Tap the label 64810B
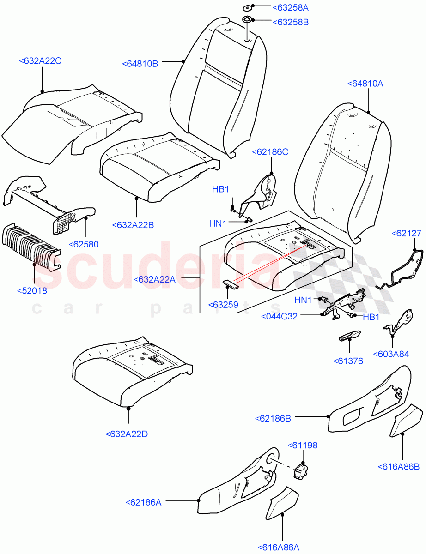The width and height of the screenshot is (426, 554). point(140,64)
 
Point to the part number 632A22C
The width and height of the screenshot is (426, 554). point(40,60)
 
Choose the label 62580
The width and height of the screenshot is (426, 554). point(84,244)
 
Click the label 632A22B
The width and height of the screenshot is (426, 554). point(133,225)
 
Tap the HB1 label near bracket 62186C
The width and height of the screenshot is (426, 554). point(220,189)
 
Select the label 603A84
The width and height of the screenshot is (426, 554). point(392,354)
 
